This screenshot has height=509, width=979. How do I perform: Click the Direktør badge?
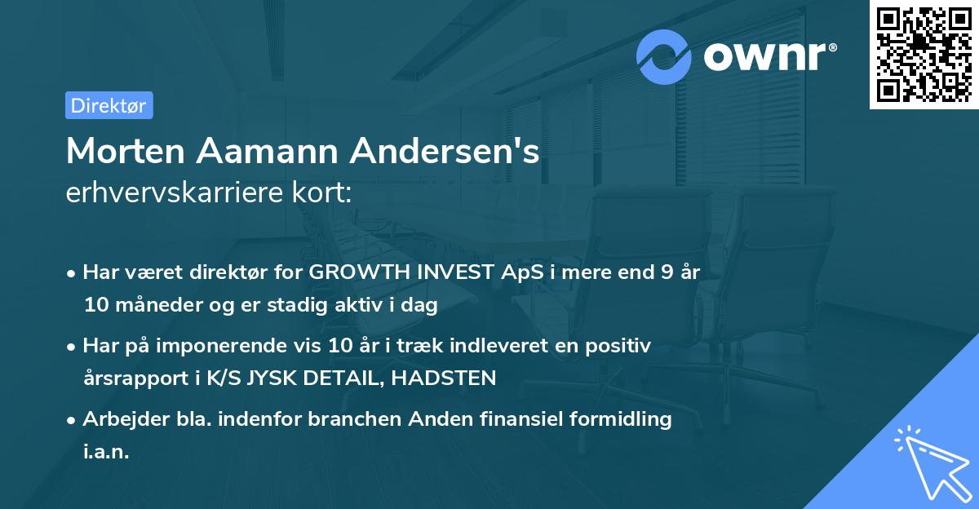[x=109, y=105]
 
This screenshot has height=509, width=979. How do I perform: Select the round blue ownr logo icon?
[x=664, y=56]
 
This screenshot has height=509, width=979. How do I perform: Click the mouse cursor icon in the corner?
[x=930, y=462]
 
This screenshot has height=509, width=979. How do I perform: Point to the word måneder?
[x=147, y=306]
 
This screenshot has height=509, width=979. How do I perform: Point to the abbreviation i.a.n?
[x=106, y=452]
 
